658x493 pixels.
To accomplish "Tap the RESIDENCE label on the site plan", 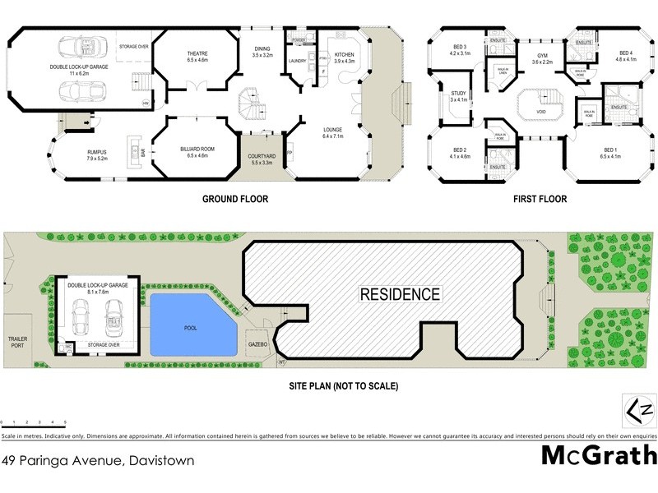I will pyautogui.click(x=399, y=294).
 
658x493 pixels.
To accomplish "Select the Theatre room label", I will pyautogui.click(x=197, y=57).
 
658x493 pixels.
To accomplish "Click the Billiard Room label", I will pyautogui.click(x=197, y=152).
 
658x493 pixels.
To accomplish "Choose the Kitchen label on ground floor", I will pyautogui.click(x=345, y=57).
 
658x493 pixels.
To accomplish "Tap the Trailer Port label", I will pyautogui.click(x=18, y=342).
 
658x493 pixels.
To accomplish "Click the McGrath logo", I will pyautogui.click(x=598, y=454).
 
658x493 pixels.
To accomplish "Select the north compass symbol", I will pyautogui.click(x=637, y=408).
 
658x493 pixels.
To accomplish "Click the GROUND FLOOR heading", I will pyautogui.click(x=235, y=199).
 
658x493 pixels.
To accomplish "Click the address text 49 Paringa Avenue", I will pyautogui.click(x=98, y=461).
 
